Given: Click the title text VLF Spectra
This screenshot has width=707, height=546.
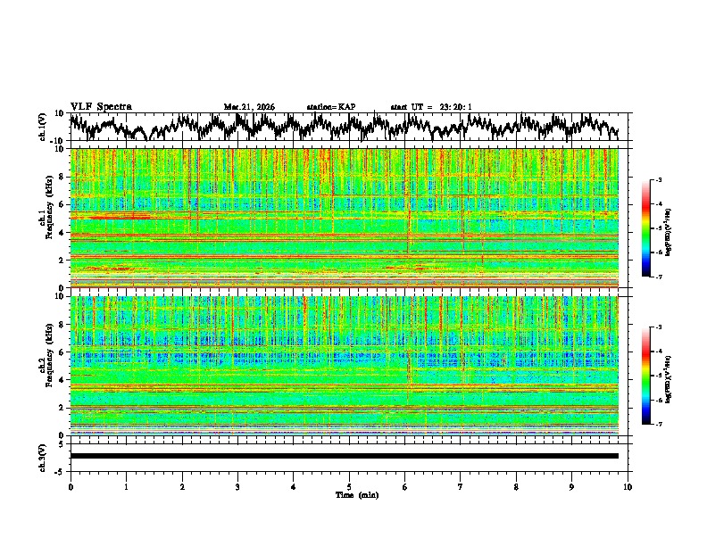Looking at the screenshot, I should tap(101, 106).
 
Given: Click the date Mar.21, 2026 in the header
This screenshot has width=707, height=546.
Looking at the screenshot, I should tap(249, 107).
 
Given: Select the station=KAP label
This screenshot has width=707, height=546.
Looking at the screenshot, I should tap(330, 107).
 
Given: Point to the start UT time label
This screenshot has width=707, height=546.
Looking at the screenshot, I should tap(431, 107).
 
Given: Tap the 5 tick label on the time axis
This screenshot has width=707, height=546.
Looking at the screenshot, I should tap(349, 486).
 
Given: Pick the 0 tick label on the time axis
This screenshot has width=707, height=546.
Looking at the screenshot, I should tap(71, 486).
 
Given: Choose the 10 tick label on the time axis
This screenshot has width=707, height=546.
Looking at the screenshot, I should tap(628, 486).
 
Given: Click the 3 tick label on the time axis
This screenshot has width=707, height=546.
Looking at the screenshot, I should tap(237, 486).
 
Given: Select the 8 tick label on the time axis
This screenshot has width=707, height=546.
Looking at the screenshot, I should tap(516, 486).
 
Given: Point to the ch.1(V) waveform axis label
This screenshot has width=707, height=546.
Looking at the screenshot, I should tap(42, 127).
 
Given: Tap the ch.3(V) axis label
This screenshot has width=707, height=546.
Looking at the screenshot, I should tap(42, 455).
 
